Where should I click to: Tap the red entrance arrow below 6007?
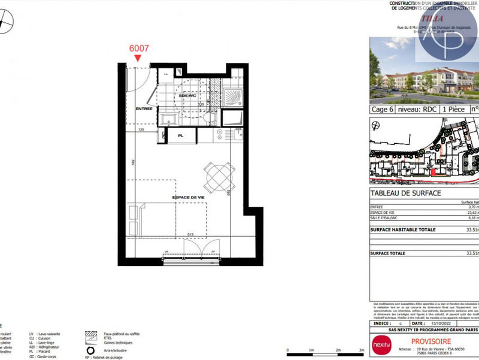[x=138, y=58]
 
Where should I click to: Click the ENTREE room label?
[x=144, y=108]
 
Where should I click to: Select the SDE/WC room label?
[x=187, y=96]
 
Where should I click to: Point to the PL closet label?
[x=180, y=137]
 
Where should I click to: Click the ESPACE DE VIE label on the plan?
[x=189, y=197]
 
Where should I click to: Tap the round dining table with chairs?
[x=218, y=176]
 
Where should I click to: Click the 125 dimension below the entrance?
[x=142, y=129]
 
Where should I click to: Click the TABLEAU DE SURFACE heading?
[x=406, y=193]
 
